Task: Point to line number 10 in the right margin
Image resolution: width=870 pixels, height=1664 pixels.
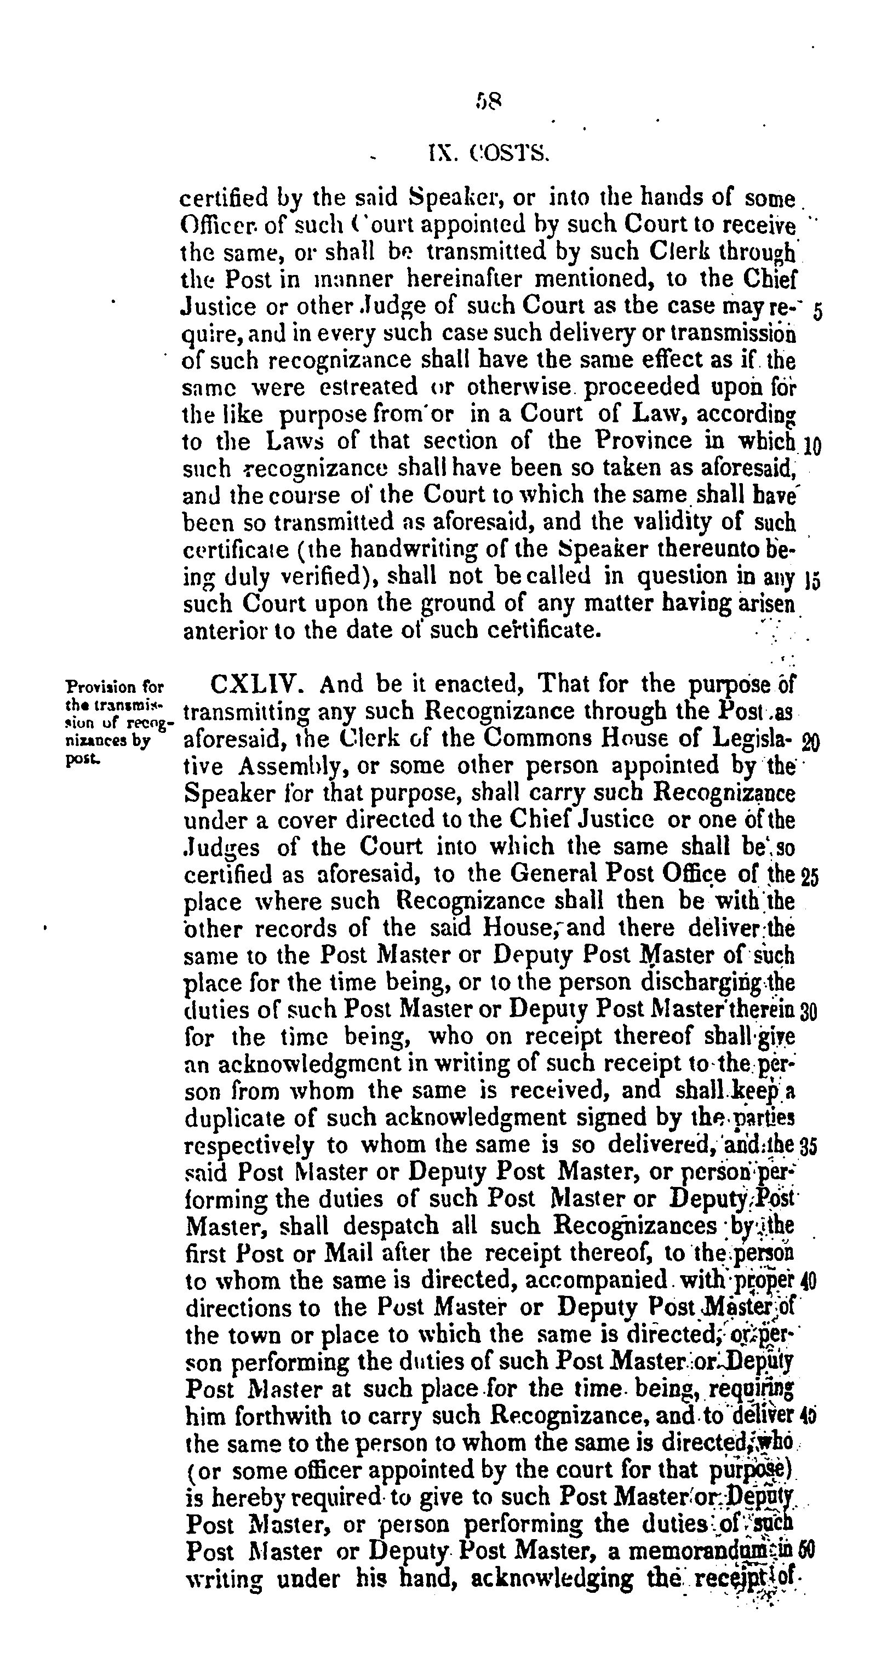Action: [812, 446]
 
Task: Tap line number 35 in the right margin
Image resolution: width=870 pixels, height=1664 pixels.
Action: [809, 1146]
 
